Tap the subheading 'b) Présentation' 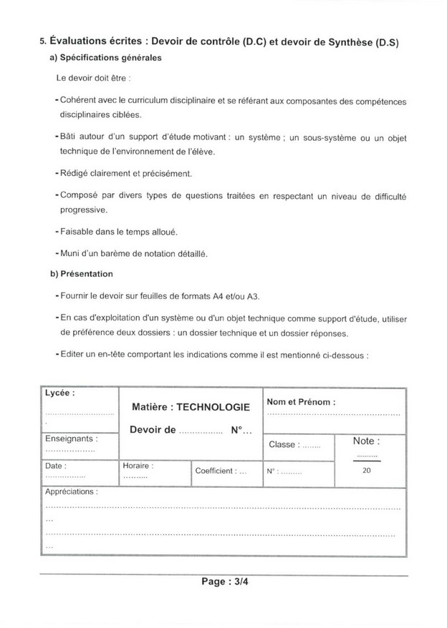(x=82, y=274)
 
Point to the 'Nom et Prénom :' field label (x=301, y=402)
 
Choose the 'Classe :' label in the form (x=283, y=445)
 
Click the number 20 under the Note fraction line (x=367, y=471)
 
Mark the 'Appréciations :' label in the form (x=72, y=493)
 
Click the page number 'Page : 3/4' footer (x=223, y=582)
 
